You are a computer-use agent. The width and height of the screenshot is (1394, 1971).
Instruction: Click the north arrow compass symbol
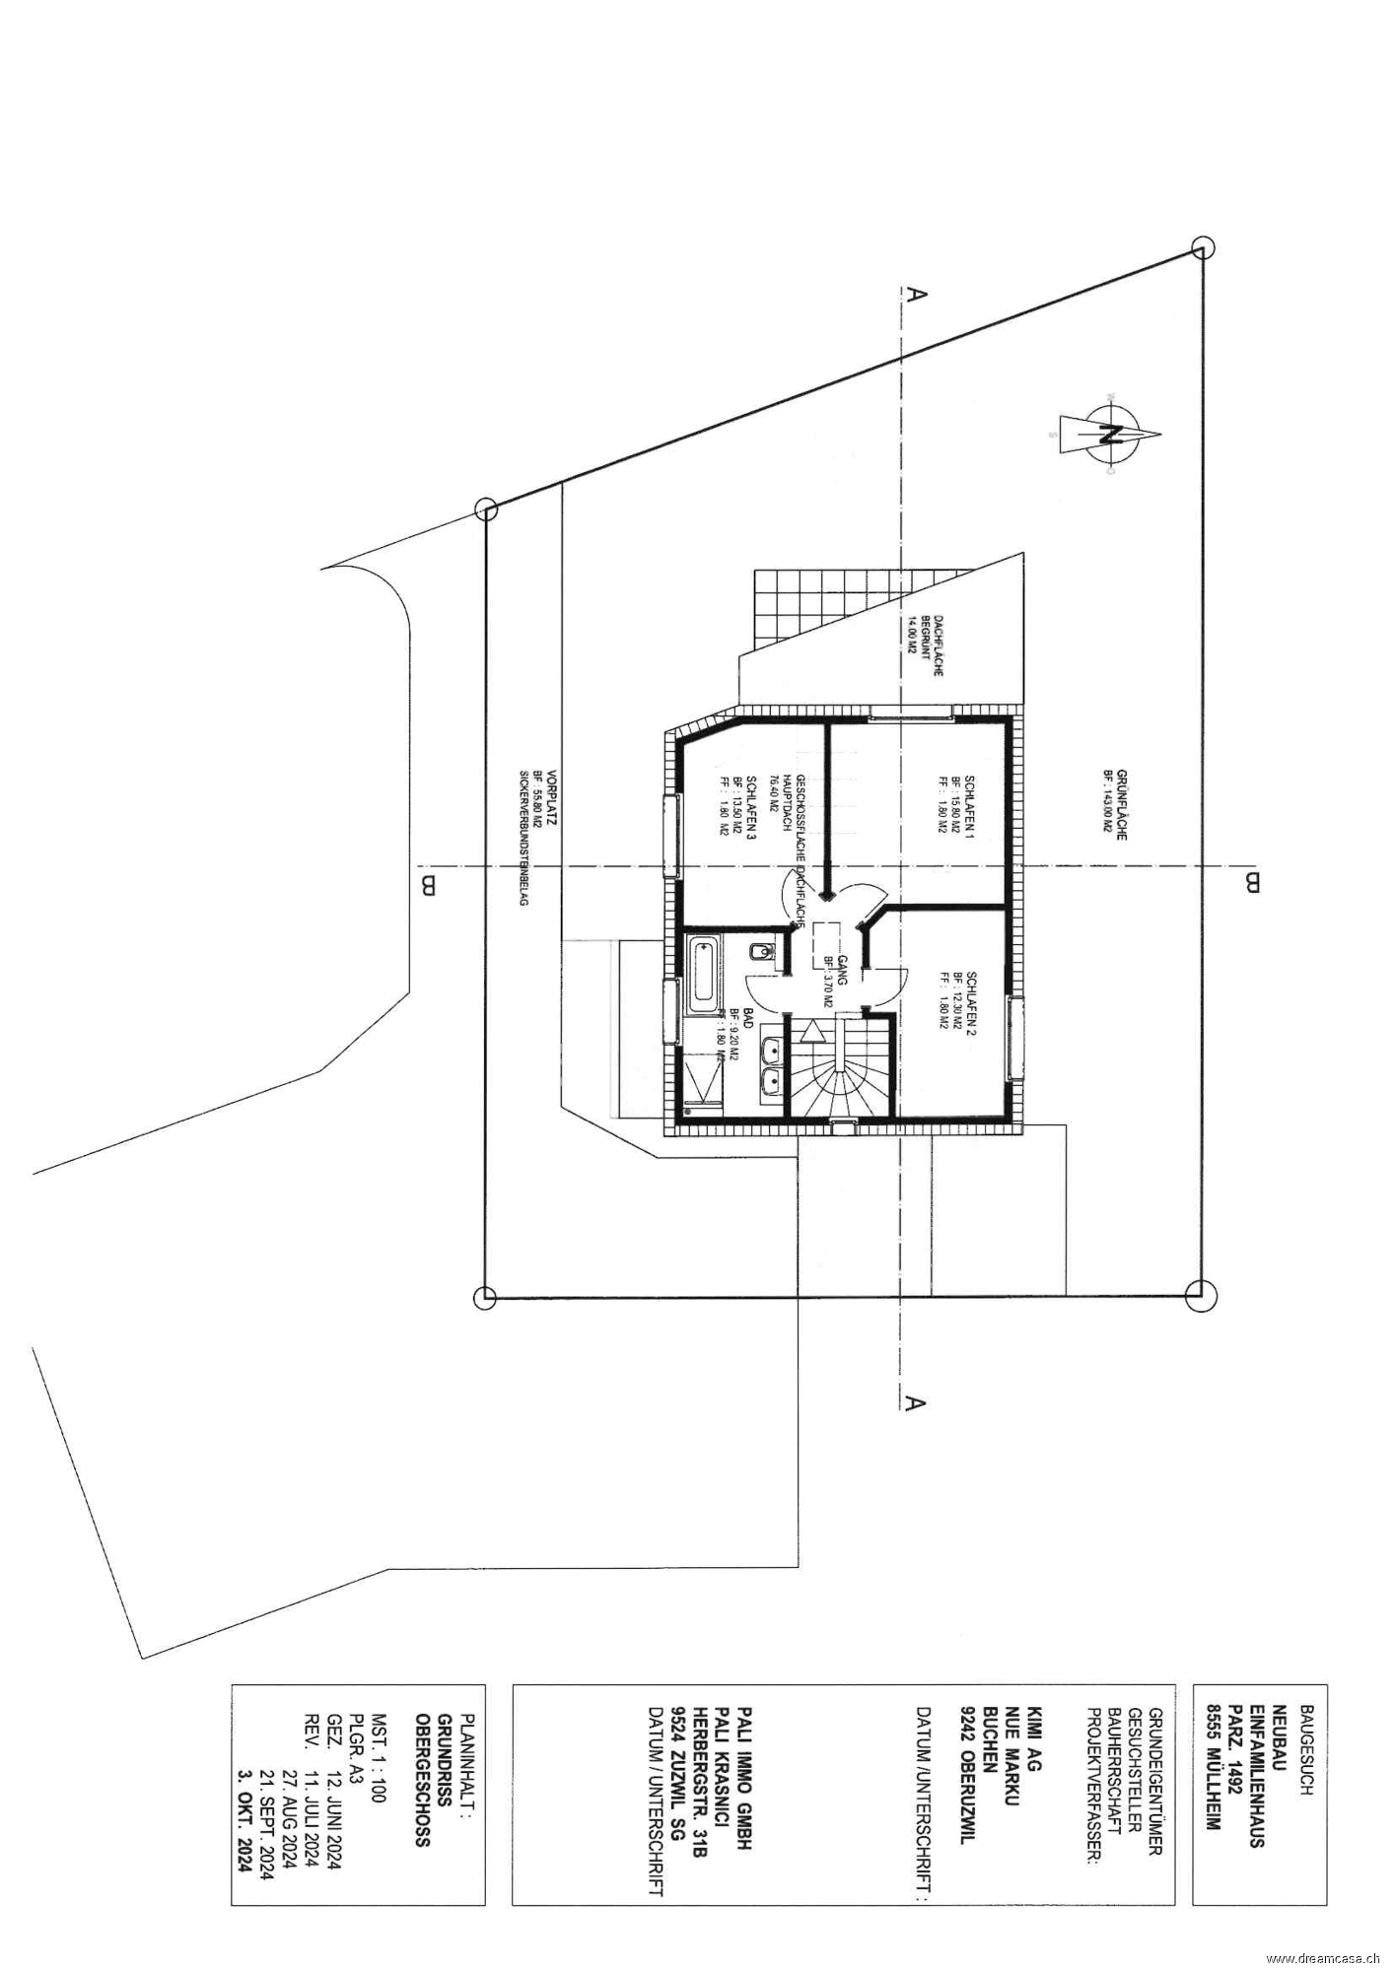(x=1107, y=435)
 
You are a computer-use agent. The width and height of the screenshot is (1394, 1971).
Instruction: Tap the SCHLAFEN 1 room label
(x=969, y=806)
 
